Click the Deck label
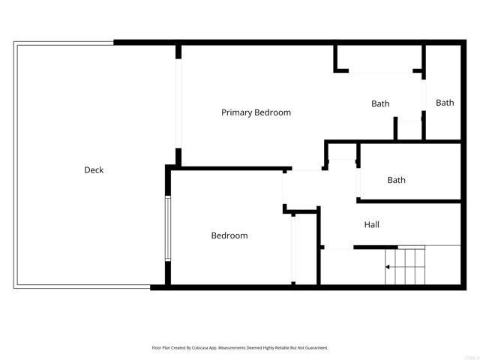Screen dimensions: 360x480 94,170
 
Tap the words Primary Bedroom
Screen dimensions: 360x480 256,112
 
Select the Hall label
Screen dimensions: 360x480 372,224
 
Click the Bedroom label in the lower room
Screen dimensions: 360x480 229,235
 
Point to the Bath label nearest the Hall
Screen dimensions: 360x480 396,180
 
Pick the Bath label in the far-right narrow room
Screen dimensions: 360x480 445,103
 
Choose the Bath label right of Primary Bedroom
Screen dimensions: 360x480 380,103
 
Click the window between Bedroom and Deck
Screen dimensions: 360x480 168,228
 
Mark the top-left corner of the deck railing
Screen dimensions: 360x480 14,43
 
